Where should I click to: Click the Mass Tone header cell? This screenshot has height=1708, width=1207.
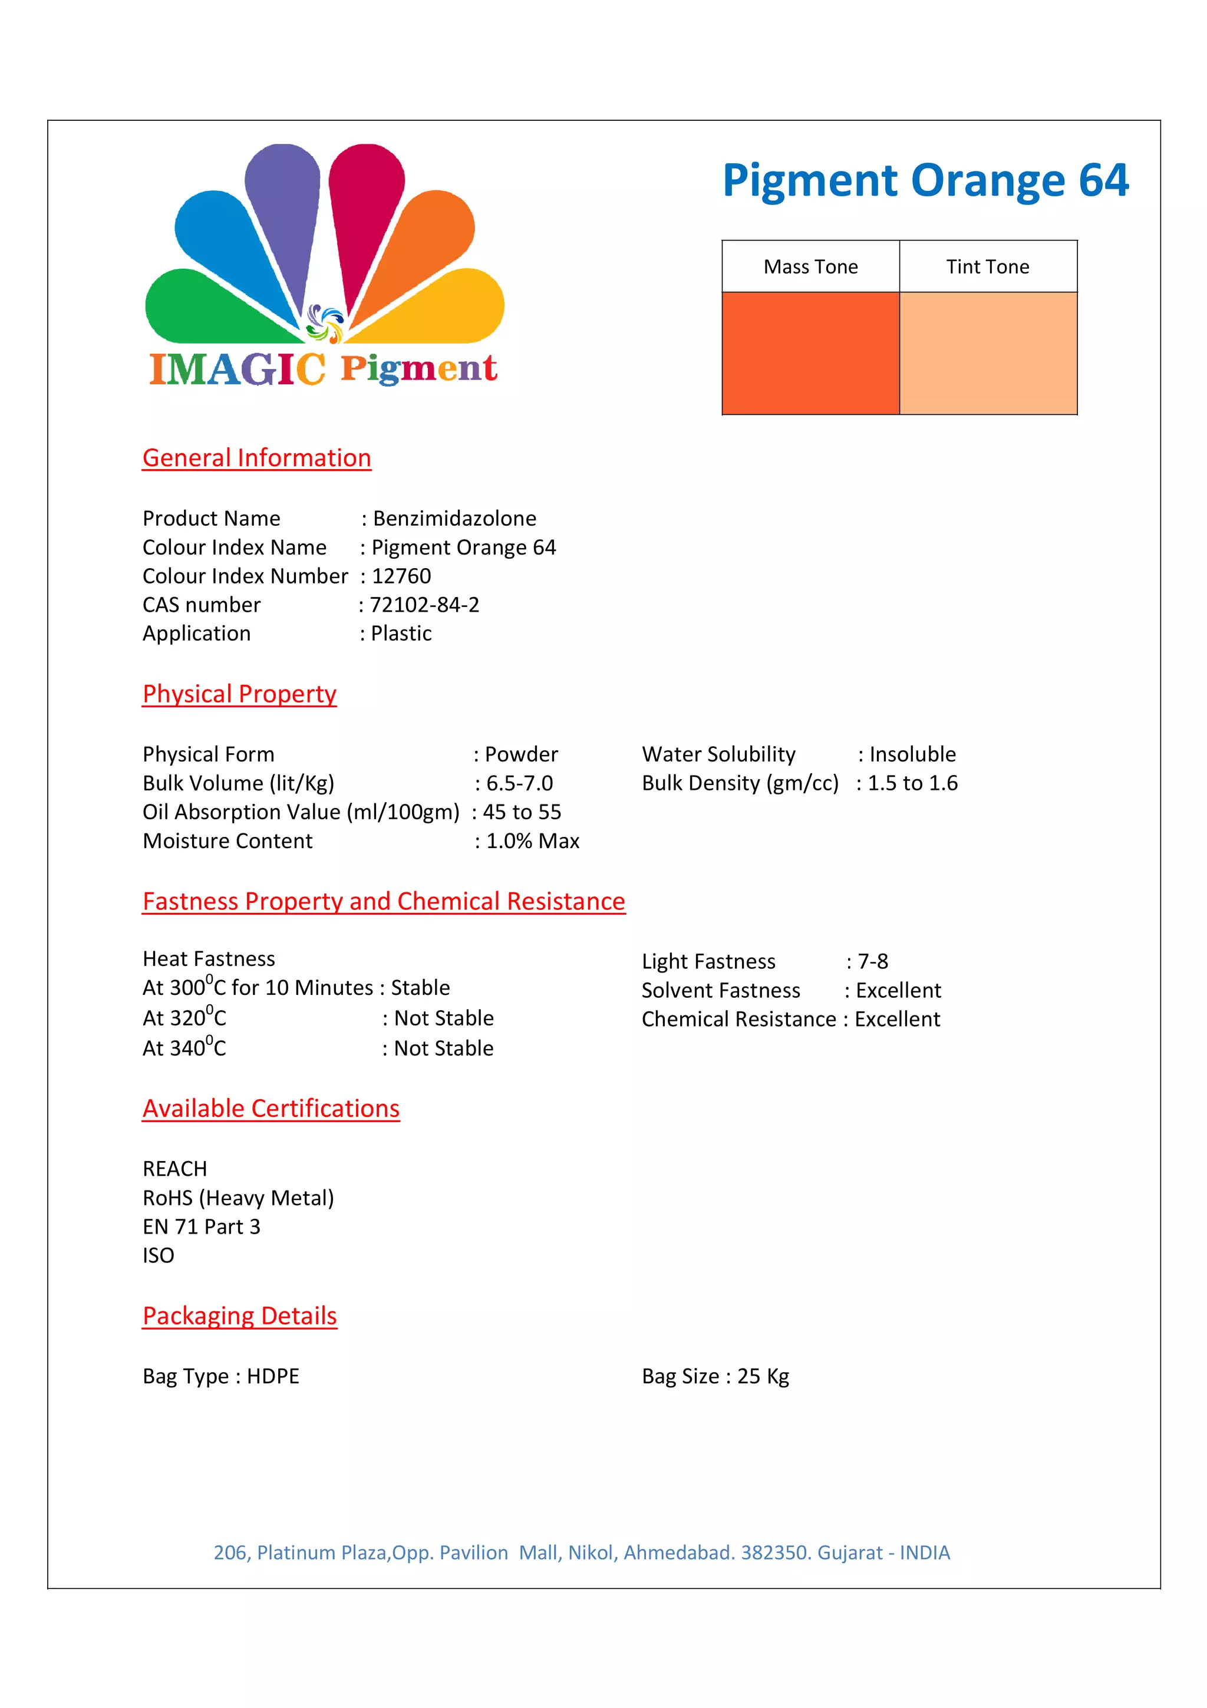click(x=810, y=266)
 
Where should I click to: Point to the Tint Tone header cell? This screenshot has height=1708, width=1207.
click(x=988, y=266)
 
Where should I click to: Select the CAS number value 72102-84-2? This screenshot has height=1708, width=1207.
click(x=425, y=605)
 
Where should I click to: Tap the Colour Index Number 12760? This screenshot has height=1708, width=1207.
click(x=401, y=576)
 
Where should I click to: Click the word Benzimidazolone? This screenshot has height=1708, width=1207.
click(x=454, y=519)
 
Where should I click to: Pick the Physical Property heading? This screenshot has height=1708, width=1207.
click(x=239, y=694)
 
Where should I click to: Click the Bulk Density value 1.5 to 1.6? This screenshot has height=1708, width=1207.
click(x=912, y=783)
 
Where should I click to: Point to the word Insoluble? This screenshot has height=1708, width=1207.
click(x=912, y=754)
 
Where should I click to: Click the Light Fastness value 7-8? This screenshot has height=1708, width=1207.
click(x=873, y=961)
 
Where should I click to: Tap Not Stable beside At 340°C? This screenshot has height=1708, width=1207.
click(x=443, y=1048)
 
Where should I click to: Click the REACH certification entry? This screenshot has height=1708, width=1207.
click(x=175, y=1169)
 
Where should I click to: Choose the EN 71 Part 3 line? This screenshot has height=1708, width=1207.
click(x=202, y=1226)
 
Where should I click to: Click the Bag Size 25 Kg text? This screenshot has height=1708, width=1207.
click(x=715, y=1376)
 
